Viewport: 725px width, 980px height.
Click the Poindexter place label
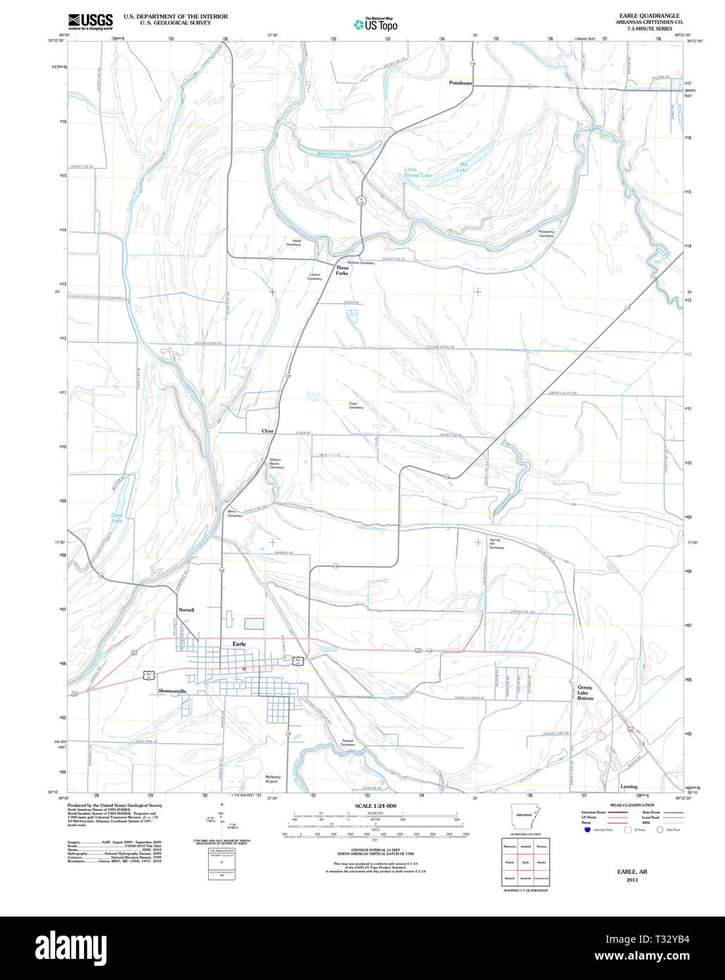[461, 83]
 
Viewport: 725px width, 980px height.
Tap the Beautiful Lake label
[333, 154]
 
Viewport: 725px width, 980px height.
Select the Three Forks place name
[342, 270]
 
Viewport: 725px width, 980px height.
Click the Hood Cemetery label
[293, 243]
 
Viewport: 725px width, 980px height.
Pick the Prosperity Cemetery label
[547, 233]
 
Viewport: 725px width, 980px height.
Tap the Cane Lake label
[117, 518]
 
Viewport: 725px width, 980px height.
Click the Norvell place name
[186, 610]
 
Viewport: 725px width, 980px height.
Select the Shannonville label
[173, 691]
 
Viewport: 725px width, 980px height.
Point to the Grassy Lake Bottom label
[585, 692]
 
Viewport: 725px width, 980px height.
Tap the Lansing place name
[628, 787]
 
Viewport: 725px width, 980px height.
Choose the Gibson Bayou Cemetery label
[276, 463]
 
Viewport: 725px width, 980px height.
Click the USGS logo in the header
[90, 21]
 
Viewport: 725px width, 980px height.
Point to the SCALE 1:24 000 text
[375, 806]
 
